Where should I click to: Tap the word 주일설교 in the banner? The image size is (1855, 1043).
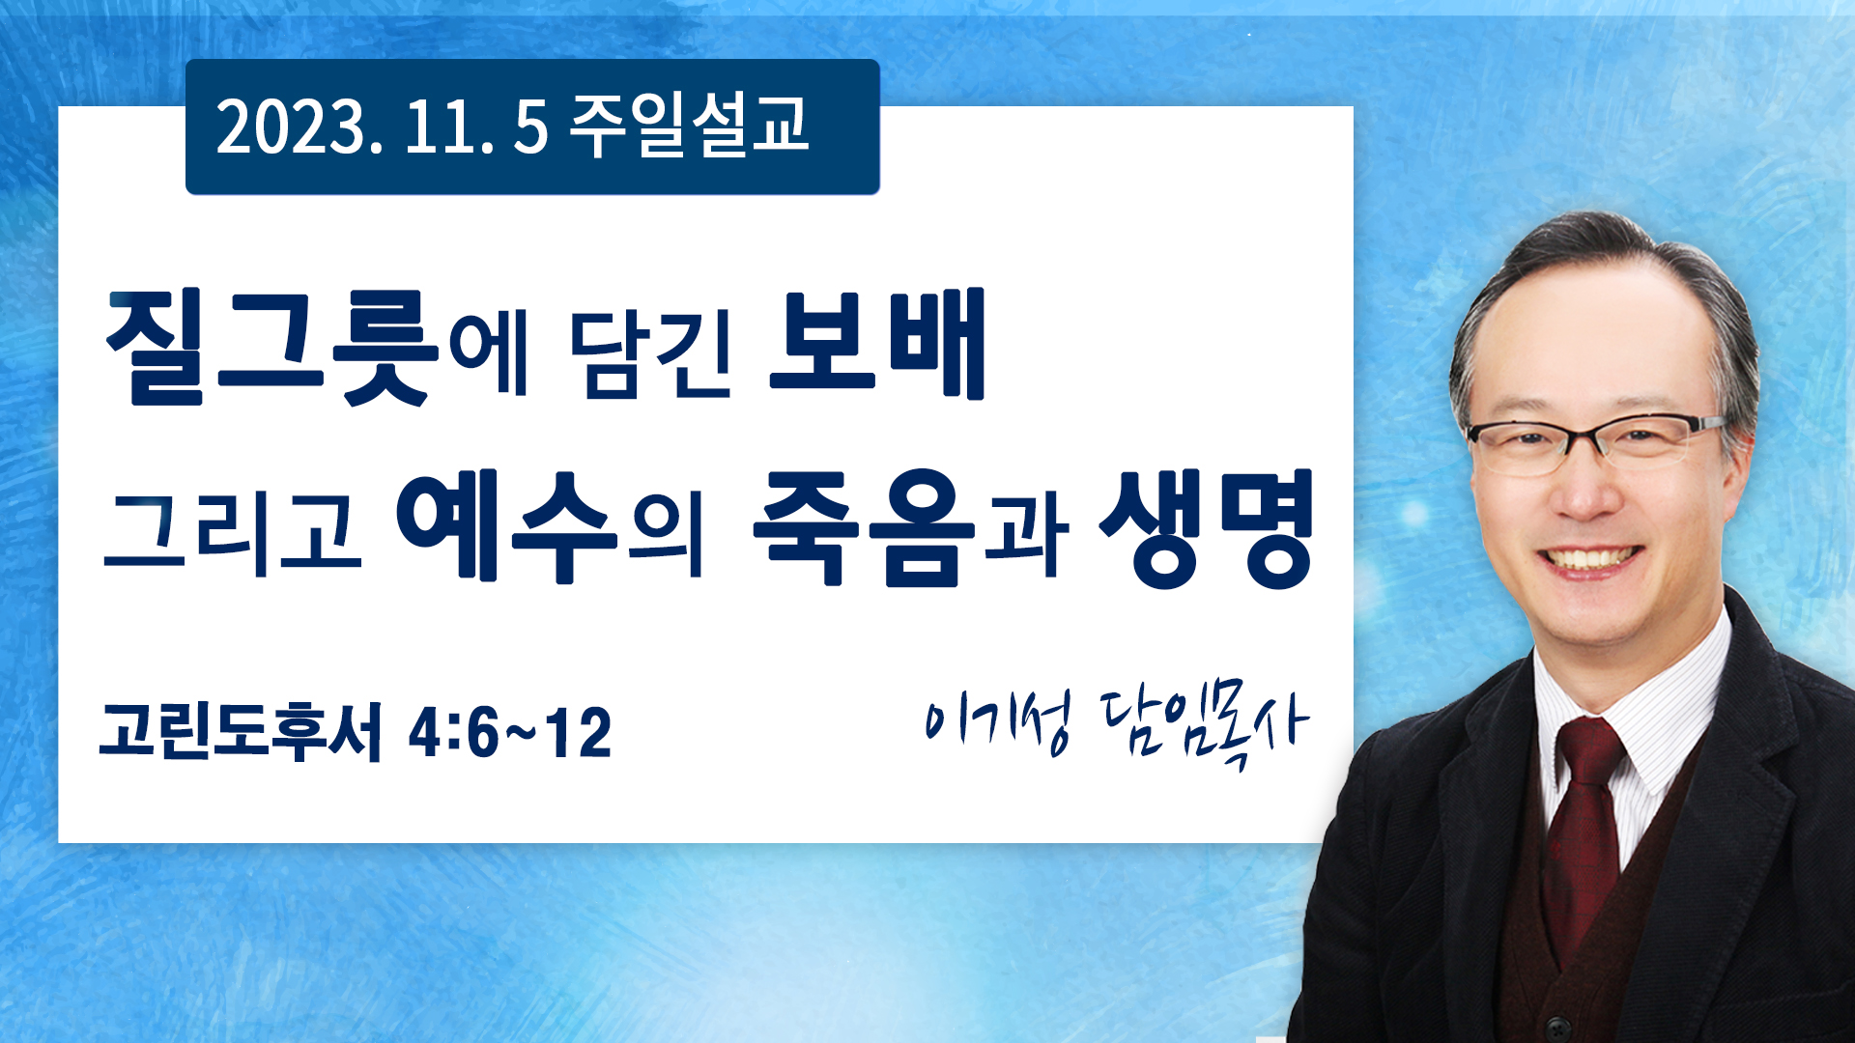[x=689, y=126]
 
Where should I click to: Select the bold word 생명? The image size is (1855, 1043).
[x=1207, y=528]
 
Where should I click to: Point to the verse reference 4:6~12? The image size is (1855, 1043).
[x=510, y=732]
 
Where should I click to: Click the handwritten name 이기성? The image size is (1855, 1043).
[x=997, y=721]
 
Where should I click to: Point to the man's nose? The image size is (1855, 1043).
[x=1587, y=488]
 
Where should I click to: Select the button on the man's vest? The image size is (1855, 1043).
[x=1553, y=1024]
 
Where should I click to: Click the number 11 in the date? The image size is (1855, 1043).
[x=441, y=127]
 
